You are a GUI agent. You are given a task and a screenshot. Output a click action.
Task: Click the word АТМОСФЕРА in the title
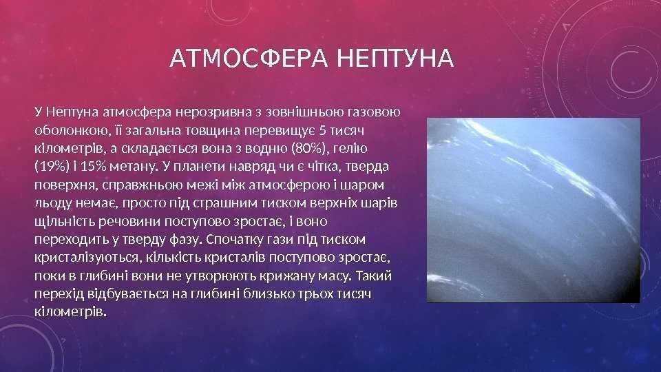[249, 58]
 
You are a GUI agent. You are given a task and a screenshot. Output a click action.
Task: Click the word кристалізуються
[87, 257]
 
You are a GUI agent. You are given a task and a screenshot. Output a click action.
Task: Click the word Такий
[374, 276]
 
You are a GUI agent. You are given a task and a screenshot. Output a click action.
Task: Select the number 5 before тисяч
[322, 131]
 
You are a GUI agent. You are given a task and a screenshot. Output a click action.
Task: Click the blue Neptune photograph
[533, 210]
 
